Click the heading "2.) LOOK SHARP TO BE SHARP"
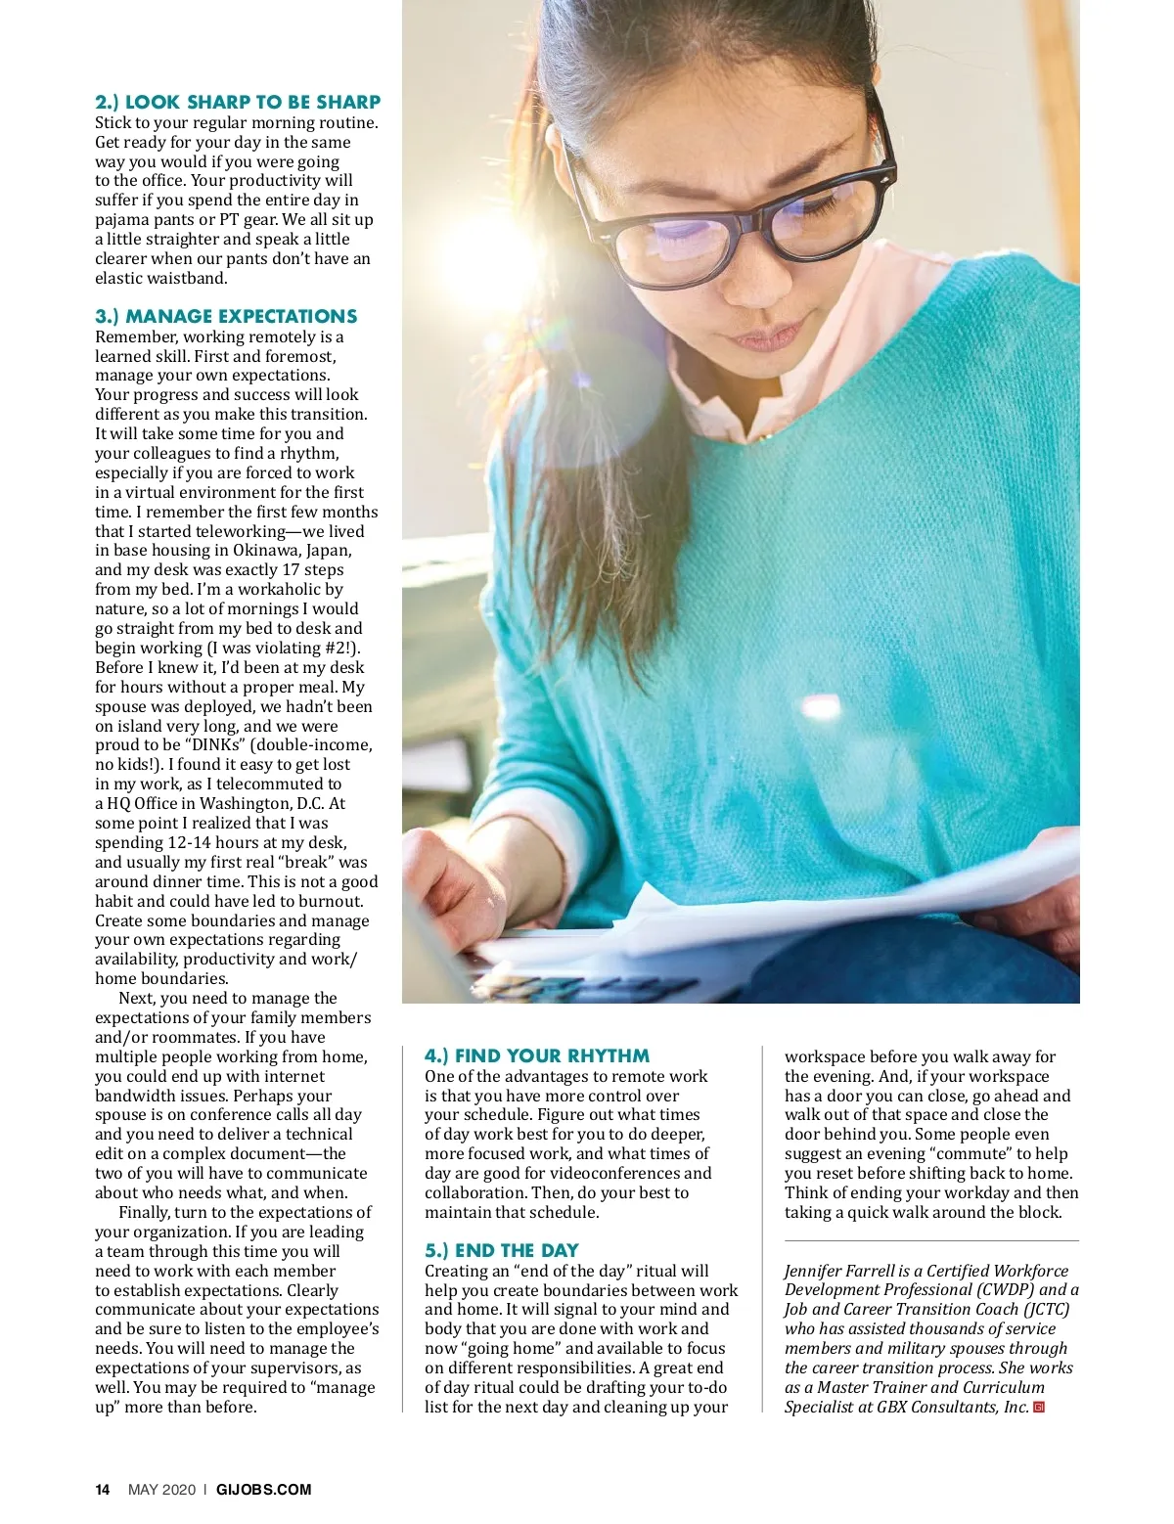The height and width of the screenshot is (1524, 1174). pyautogui.click(x=238, y=102)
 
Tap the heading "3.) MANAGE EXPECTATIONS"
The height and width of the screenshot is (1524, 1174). pyautogui.click(x=226, y=316)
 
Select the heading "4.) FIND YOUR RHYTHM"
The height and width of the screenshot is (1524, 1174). pyautogui.click(x=536, y=1055)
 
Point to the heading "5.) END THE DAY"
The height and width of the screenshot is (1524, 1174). pyautogui.click(x=501, y=1250)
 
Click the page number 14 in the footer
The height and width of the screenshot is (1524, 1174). pyautogui.click(x=103, y=1490)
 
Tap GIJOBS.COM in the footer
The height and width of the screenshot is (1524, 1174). pyautogui.click(x=263, y=1490)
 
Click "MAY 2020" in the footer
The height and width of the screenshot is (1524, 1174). pyautogui.click(x=161, y=1490)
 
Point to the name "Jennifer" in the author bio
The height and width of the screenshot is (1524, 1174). pyautogui.click(x=817, y=1271)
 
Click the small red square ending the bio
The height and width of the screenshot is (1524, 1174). pyautogui.click(x=1039, y=1408)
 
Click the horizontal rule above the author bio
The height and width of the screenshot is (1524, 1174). pyautogui.click(x=931, y=1241)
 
